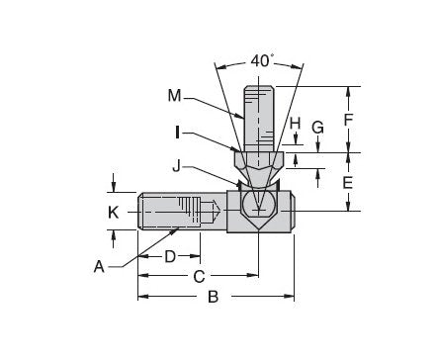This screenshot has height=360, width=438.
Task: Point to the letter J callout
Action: pyautogui.click(x=204, y=167)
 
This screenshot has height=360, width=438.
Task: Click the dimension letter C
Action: pyautogui.click(x=198, y=276)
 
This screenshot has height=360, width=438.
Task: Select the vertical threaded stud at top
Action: pyautogui.click(x=259, y=114)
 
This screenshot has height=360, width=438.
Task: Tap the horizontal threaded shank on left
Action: pyautogui.click(x=178, y=212)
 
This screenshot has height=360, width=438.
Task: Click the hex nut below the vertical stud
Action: pyautogui.click(x=259, y=158)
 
